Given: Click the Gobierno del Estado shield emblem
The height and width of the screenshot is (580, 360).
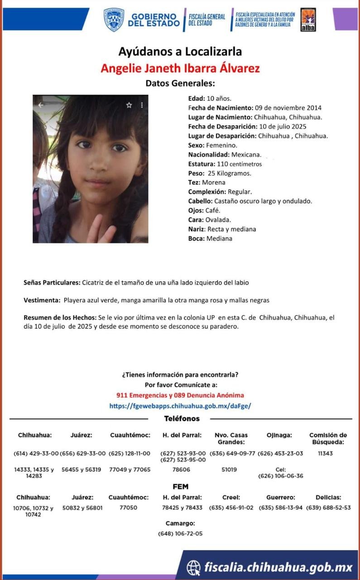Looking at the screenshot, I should pyautogui.click(x=114, y=20).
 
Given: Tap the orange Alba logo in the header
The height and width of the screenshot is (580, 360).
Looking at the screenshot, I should pyautogui.click(x=308, y=20).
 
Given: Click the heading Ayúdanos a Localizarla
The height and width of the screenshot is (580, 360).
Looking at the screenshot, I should pyautogui.click(x=180, y=52).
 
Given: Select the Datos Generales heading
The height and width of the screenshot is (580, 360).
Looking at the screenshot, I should pyautogui.click(x=180, y=83).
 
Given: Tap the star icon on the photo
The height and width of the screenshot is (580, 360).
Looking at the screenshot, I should pyautogui.click(x=129, y=105).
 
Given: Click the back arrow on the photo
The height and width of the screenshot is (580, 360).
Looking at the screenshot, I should pyautogui.click(x=41, y=105).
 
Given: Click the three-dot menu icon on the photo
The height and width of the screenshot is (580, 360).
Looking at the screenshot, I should pyautogui.click(x=142, y=105).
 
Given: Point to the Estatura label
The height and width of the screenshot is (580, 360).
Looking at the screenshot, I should pyautogui.click(x=202, y=164).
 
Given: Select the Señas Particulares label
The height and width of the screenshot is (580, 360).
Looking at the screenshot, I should pyautogui.click(x=52, y=283).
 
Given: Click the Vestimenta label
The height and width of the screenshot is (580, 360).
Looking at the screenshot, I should pyautogui.click(x=42, y=300).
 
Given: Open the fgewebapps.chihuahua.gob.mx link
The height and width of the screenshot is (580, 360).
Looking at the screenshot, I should pyautogui.click(x=180, y=406).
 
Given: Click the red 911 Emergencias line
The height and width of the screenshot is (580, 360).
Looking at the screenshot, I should pyautogui.click(x=180, y=395).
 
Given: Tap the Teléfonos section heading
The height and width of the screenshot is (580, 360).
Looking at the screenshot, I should pyautogui.click(x=182, y=419).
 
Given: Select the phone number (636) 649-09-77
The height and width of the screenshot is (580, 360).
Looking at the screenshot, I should pyautogui.click(x=232, y=454).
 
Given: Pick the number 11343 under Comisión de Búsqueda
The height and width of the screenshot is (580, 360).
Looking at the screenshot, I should pyautogui.click(x=325, y=454).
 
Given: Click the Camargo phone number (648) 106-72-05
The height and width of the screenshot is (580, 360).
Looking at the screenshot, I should pyautogui.click(x=180, y=533).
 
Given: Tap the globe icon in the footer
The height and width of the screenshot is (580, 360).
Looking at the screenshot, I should pyautogui.click(x=194, y=567).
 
